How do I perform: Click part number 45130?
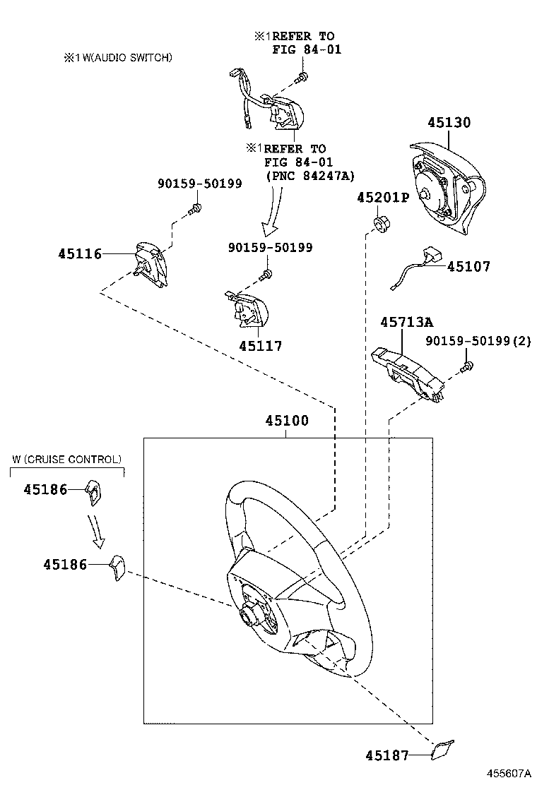click(449, 123)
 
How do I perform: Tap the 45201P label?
click(383, 197)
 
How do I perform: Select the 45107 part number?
click(468, 266)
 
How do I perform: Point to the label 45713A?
click(406, 322)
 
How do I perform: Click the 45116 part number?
click(79, 253)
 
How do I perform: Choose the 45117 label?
click(260, 346)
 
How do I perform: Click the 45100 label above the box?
click(287, 421)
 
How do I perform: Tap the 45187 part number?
click(386, 755)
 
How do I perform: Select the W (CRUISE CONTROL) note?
click(66, 460)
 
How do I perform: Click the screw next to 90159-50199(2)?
click(467, 366)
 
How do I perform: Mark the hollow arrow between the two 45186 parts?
click(97, 530)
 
